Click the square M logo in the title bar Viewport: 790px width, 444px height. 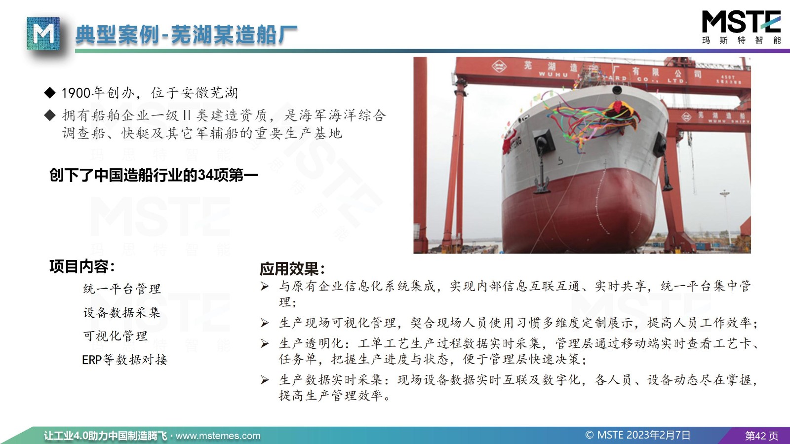(x=43, y=34)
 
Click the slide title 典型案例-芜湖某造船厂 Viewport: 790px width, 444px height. (x=186, y=35)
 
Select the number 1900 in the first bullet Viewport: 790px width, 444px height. (x=76, y=93)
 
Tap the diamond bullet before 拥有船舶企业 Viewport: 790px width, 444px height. (x=50, y=115)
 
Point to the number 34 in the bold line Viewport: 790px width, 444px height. (x=205, y=175)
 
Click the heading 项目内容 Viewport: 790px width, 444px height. (x=82, y=266)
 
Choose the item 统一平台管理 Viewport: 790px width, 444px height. (x=122, y=289)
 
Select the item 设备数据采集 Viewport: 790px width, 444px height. (x=121, y=312)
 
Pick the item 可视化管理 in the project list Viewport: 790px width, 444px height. (x=116, y=336)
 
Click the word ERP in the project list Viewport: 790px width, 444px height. (x=92, y=360)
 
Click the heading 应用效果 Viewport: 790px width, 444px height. (x=292, y=269)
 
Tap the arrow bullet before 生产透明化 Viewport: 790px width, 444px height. (x=265, y=343)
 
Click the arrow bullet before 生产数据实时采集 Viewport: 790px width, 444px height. (x=265, y=380)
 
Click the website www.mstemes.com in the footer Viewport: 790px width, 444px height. (x=218, y=436)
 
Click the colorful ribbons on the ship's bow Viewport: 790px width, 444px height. (x=592, y=120)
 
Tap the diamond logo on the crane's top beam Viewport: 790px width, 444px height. (x=499, y=66)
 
